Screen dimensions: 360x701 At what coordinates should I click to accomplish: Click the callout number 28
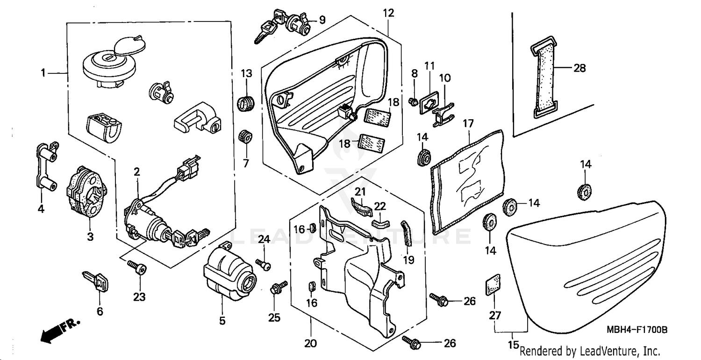[x=579, y=68]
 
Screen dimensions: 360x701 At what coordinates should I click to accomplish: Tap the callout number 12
[x=389, y=13]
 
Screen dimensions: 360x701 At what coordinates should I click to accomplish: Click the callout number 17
[x=468, y=124]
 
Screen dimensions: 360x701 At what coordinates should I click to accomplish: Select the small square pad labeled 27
[x=491, y=285]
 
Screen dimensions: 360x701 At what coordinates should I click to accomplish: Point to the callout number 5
[x=222, y=321]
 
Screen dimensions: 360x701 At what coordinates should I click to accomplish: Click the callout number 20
[x=310, y=344]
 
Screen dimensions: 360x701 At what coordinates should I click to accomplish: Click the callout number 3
[x=90, y=237]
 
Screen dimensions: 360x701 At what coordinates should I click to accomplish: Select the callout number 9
[x=322, y=20]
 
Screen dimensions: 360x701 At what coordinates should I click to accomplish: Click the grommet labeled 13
[x=246, y=103]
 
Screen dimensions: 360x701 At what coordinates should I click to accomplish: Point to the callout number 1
[x=43, y=73]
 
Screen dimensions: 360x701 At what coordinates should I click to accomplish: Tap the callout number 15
[x=513, y=346]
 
